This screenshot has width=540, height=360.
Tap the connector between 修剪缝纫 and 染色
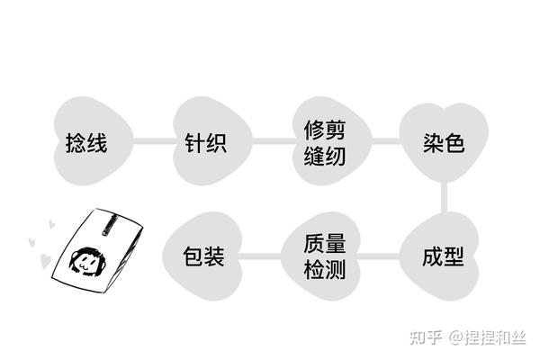[x=384, y=141]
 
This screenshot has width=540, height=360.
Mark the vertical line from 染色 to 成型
[x=444, y=199]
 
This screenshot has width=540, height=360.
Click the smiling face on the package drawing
[x=85, y=262]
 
